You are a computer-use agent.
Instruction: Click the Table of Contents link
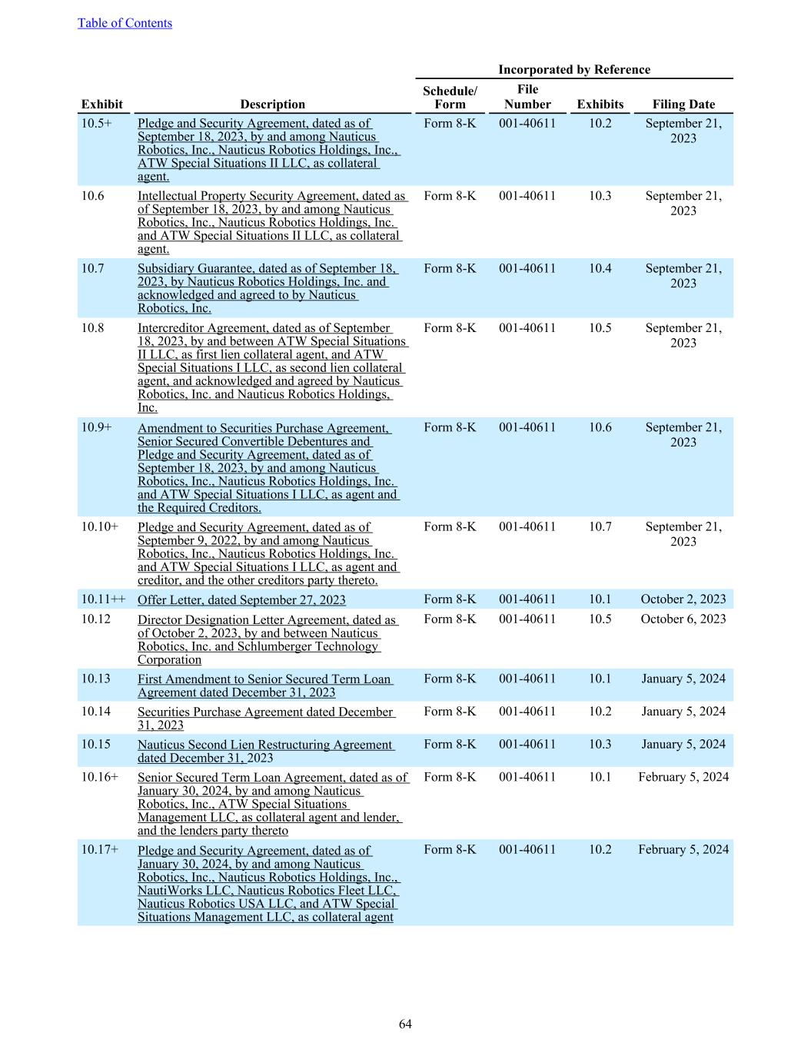click(x=125, y=23)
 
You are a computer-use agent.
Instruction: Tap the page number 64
click(x=405, y=1024)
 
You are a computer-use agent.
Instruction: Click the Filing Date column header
click(x=683, y=105)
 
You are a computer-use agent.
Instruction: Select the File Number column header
click(x=527, y=97)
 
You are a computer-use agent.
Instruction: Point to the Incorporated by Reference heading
click(x=573, y=69)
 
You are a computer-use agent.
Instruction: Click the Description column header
click(x=272, y=105)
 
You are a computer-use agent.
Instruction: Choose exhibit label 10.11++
click(x=104, y=599)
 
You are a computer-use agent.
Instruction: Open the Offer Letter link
click(x=241, y=600)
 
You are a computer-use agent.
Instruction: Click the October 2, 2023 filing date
click(x=683, y=599)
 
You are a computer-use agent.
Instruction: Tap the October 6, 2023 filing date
click(x=683, y=619)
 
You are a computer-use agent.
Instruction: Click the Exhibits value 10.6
click(x=600, y=427)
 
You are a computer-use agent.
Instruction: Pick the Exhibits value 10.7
click(x=600, y=526)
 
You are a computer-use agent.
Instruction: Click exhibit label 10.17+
click(x=100, y=849)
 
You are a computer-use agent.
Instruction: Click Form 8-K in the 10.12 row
click(x=450, y=619)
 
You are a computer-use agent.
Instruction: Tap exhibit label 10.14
click(x=96, y=712)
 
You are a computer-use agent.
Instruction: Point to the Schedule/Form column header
click(x=450, y=98)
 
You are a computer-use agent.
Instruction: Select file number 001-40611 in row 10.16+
click(x=527, y=777)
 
